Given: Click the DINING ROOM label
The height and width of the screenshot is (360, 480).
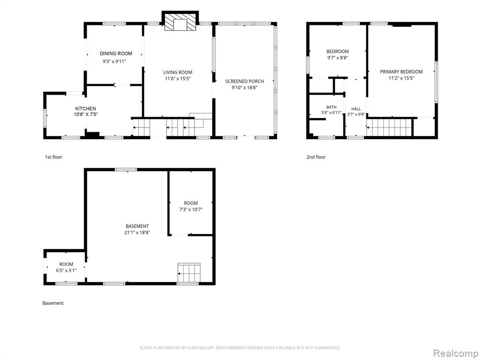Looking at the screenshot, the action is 116,53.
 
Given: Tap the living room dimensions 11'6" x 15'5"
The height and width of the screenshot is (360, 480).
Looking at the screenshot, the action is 178,79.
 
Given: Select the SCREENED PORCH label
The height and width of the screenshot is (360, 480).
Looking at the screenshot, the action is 244,82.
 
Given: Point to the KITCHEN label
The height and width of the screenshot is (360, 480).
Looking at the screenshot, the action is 85,109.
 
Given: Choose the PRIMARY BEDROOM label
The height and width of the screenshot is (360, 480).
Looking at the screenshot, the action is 401,72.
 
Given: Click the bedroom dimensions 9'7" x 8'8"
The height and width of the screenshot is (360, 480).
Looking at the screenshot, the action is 338,58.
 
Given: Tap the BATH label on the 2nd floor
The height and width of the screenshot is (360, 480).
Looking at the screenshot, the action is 331,107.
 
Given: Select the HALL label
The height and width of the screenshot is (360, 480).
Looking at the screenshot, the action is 356,109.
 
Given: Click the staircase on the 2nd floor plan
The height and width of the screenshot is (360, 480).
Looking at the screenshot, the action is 389,127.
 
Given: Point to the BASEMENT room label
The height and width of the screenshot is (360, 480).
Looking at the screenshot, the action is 137,226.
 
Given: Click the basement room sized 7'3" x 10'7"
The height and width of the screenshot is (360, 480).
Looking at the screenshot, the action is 190,203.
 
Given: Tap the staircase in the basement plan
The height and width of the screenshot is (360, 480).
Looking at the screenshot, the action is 189,273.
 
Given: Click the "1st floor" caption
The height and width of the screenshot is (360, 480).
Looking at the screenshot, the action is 53,157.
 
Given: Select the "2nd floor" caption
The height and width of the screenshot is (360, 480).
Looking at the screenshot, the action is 316,157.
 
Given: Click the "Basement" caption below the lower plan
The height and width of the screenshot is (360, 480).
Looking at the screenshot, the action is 53,303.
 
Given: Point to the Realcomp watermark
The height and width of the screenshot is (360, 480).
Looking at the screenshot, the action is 456,353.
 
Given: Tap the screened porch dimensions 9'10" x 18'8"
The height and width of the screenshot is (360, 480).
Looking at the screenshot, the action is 244,88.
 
